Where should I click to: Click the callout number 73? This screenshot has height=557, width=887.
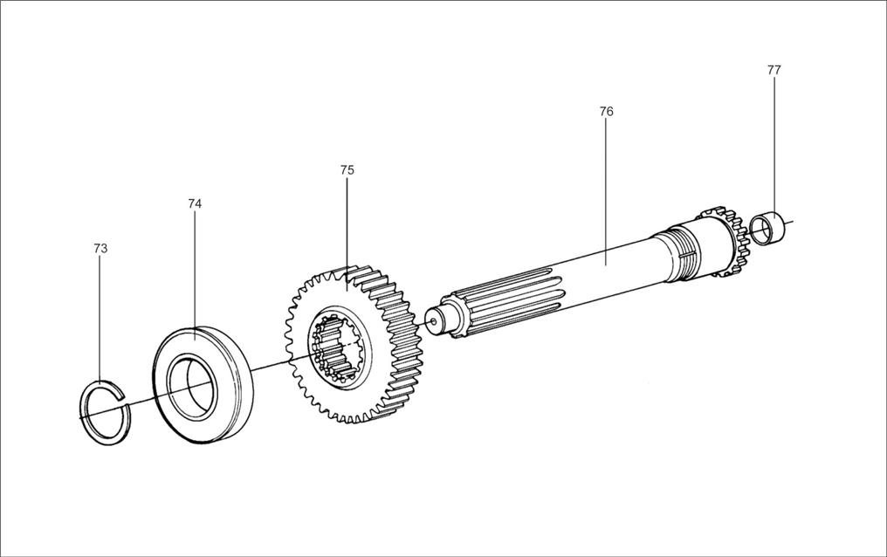pyautogui.click(x=100, y=249)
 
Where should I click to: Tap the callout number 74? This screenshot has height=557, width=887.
pyautogui.click(x=195, y=203)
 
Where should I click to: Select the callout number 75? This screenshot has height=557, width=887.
pyautogui.click(x=347, y=170)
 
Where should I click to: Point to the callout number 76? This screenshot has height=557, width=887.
pyautogui.click(x=607, y=112)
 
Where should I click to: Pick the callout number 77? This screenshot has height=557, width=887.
pyautogui.click(x=774, y=70)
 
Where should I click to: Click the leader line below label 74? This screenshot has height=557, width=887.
pyautogui.click(x=195, y=271)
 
